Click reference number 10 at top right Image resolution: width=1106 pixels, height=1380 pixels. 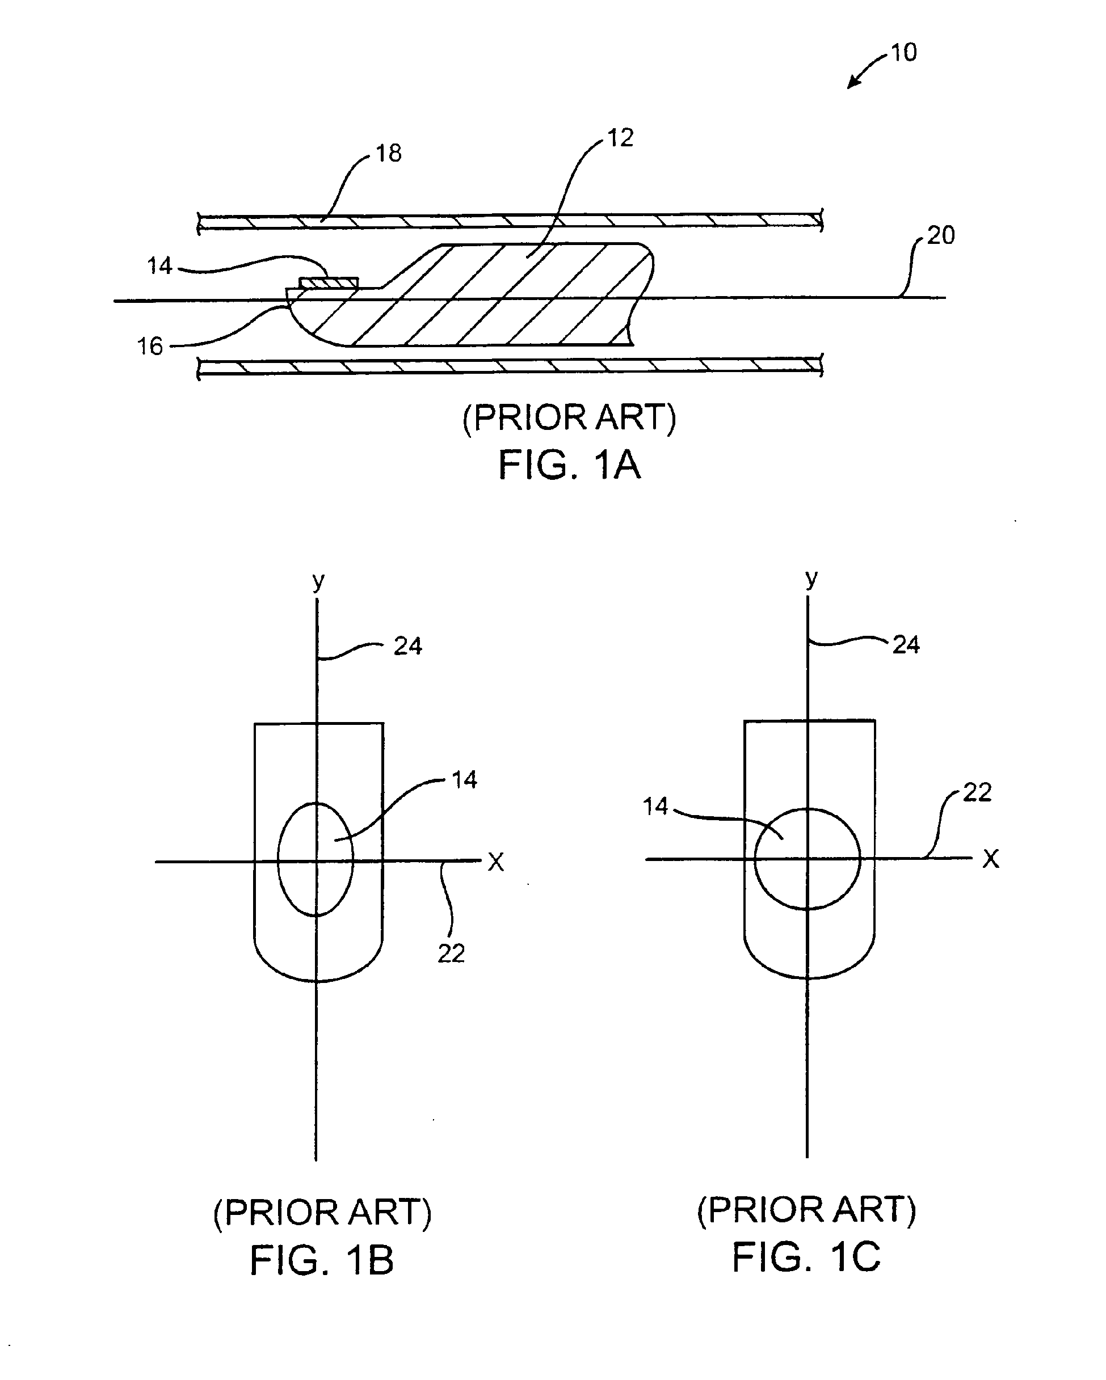(903, 53)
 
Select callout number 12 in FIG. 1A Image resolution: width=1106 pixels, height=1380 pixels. (620, 138)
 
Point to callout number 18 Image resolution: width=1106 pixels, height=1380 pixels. (388, 153)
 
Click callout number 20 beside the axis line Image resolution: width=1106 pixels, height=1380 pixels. (940, 235)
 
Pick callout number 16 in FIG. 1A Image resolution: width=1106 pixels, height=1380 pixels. (150, 347)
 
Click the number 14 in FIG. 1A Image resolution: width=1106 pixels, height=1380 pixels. (159, 265)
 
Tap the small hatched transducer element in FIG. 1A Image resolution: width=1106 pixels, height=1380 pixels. (329, 282)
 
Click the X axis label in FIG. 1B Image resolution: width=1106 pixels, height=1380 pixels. (495, 863)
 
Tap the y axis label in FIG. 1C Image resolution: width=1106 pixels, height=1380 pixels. (811, 578)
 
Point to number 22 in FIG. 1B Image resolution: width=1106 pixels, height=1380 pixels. (451, 953)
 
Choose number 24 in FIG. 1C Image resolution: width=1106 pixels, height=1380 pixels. (906, 644)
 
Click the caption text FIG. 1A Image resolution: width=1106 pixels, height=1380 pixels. (569, 465)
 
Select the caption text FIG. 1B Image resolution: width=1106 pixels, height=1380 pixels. (322, 1260)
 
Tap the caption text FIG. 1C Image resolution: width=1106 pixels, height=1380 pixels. (806, 1256)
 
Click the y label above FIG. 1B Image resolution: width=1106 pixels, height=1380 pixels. (318, 581)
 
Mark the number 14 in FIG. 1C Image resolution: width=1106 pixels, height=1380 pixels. (655, 807)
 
